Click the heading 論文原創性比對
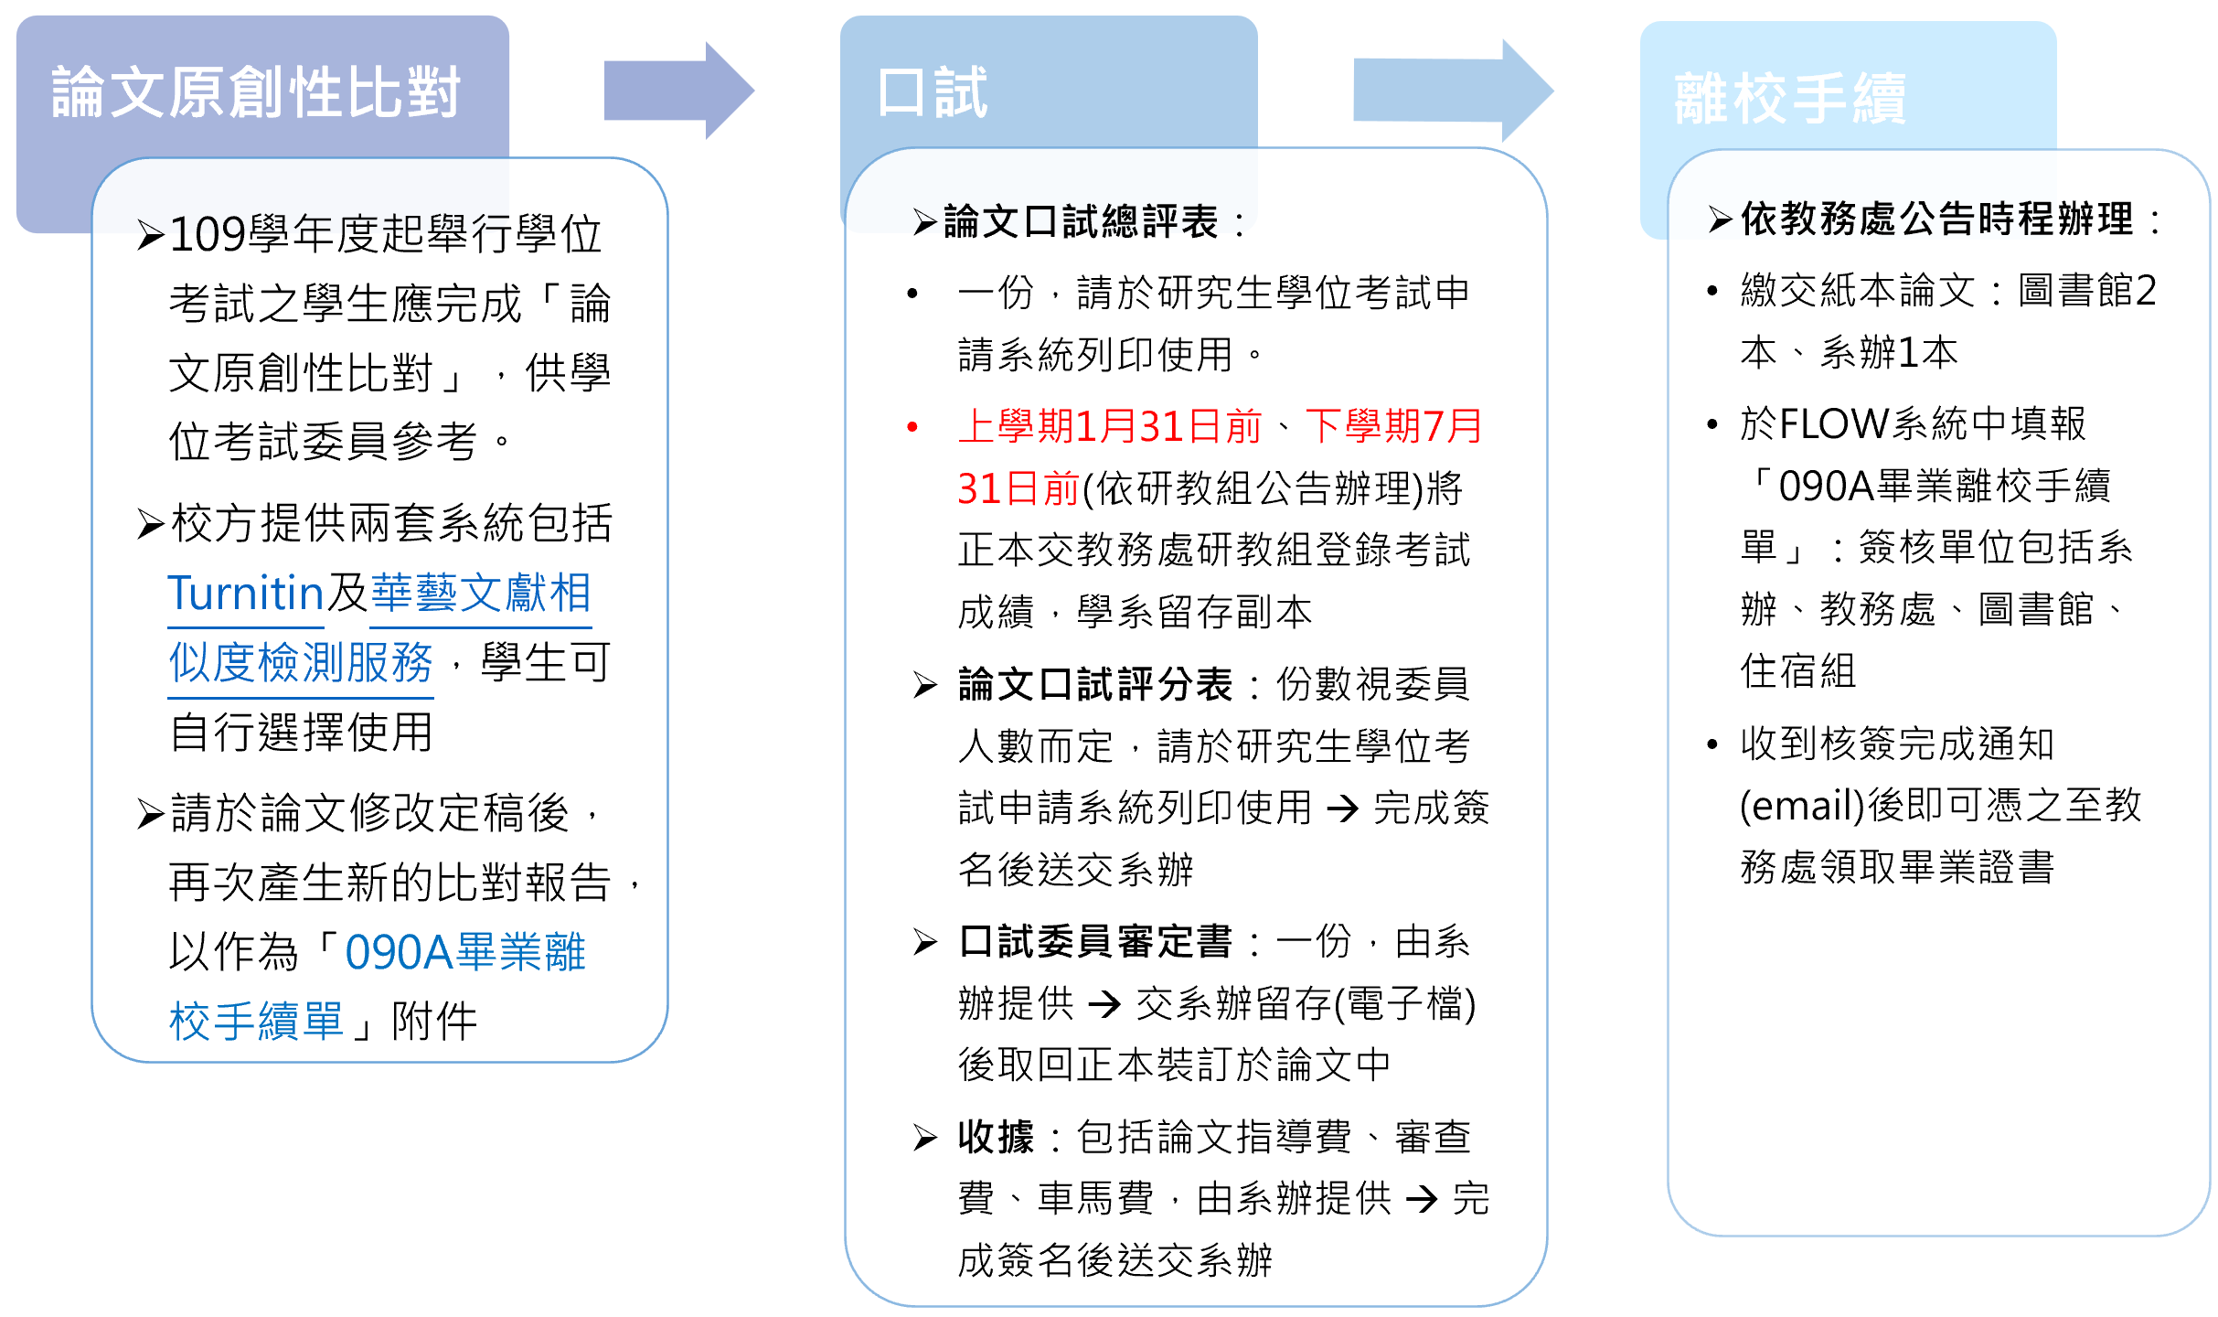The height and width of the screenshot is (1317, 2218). click(255, 92)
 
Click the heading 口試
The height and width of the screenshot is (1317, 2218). click(932, 92)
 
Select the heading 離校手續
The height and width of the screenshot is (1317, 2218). click(1789, 99)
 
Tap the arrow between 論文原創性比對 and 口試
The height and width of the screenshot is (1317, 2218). click(677, 91)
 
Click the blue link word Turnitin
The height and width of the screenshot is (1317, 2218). click(246, 594)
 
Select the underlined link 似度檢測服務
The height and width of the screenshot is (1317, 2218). click(301, 663)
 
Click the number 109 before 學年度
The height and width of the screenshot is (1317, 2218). click(208, 234)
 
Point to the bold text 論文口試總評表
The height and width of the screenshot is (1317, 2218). click(1081, 221)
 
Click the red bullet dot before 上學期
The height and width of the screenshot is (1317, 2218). click(912, 427)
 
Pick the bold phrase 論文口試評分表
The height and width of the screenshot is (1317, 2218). click(1095, 684)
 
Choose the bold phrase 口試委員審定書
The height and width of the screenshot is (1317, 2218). click(1095, 941)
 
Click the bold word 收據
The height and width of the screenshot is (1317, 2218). click(996, 1137)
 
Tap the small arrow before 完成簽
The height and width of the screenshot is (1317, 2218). click(1342, 808)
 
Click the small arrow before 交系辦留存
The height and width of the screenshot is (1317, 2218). click(1104, 1004)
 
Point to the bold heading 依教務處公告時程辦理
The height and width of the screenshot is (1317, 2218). click(1936, 219)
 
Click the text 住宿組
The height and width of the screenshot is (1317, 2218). click(1797, 670)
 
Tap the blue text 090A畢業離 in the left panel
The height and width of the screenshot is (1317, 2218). click(464, 952)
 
